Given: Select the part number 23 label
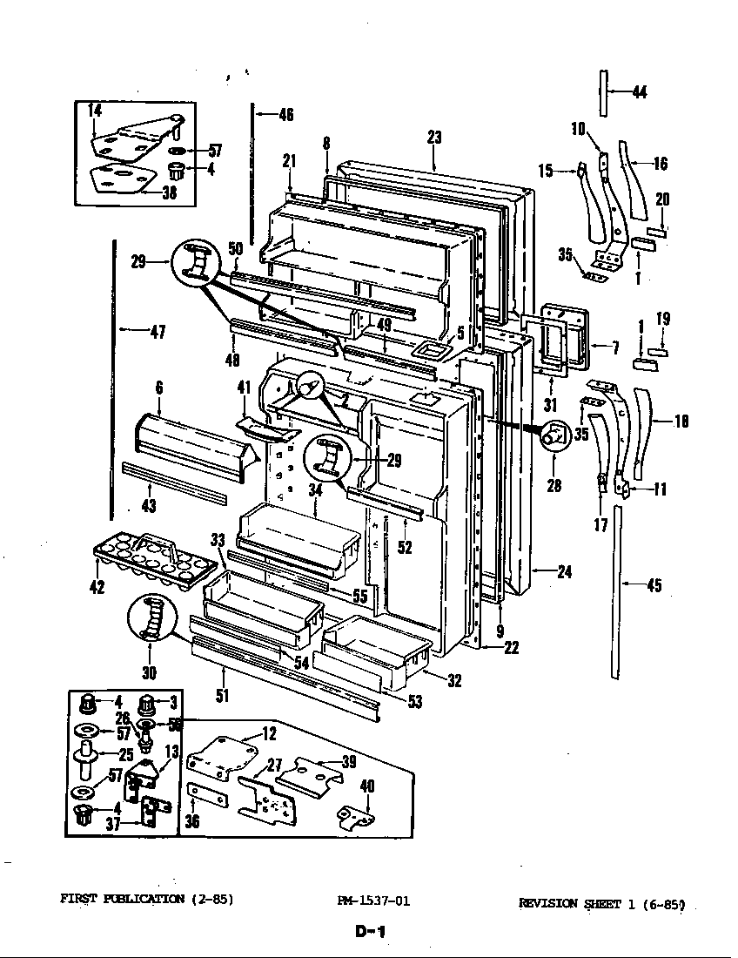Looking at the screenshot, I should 435,137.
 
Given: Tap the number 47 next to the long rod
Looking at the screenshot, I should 156,331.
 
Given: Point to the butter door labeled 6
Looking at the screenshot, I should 193,444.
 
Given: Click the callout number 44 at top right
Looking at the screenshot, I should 639,91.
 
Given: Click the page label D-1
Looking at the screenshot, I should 371,932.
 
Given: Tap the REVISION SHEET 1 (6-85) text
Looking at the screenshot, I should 602,904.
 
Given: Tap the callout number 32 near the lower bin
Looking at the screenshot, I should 454,681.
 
